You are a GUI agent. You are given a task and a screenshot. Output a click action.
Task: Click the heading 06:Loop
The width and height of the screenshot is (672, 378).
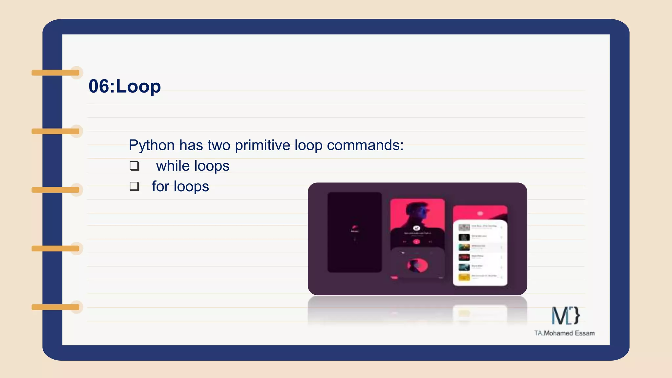(x=125, y=86)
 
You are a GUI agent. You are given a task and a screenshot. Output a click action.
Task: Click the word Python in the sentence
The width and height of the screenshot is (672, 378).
(x=152, y=145)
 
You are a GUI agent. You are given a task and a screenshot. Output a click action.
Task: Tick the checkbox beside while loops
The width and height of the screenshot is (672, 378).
(x=134, y=166)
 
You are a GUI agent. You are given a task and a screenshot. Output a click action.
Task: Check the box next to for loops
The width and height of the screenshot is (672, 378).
(x=134, y=186)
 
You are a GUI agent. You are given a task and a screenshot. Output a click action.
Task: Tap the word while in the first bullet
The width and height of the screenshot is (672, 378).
(x=173, y=166)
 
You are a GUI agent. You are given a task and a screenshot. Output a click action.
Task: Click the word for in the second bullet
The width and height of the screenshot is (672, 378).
(x=160, y=186)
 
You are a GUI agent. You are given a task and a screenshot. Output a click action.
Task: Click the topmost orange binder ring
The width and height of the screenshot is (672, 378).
(x=56, y=73)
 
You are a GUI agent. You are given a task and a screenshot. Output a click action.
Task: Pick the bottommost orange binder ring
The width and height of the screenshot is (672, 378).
(x=56, y=307)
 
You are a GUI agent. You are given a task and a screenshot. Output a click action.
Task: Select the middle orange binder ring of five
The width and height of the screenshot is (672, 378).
(x=56, y=190)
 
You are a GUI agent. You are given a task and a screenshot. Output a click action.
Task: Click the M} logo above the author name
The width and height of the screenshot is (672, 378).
(x=566, y=315)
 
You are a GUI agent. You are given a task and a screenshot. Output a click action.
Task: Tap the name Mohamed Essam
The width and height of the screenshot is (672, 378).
(x=569, y=333)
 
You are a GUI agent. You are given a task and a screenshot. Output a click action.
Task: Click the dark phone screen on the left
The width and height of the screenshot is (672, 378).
(x=354, y=232)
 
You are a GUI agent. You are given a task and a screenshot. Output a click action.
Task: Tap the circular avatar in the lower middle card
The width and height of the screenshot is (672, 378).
(x=417, y=265)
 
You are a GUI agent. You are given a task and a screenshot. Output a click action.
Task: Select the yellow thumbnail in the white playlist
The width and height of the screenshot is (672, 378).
(x=464, y=277)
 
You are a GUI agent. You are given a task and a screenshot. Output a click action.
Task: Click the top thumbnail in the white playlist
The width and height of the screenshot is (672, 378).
(x=464, y=227)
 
